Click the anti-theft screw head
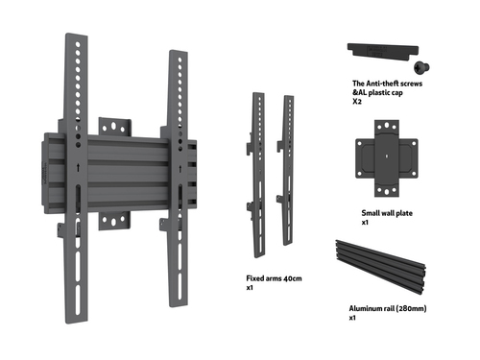[x=421, y=67]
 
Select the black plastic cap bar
[x=383, y=51]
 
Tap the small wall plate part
[x=387, y=158]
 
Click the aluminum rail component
[x=380, y=267]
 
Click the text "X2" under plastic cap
[x=357, y=102]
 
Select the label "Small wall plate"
[x=387, y=213]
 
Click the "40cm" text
[x=293, y=278]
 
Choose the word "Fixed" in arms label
[x=253, y=278]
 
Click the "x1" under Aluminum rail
[x=352, y=318]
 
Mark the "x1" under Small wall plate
[x=365, y=223]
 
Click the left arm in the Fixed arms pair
[x=258, y=175]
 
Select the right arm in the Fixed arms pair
[x=287, y=170]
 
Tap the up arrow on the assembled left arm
[x=78, y=168]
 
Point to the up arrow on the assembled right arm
[x=180, y=169]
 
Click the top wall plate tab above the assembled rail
[x=114, y=127]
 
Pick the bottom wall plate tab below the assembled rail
[x=114, y=221]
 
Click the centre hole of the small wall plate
[x=387, y=156]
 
